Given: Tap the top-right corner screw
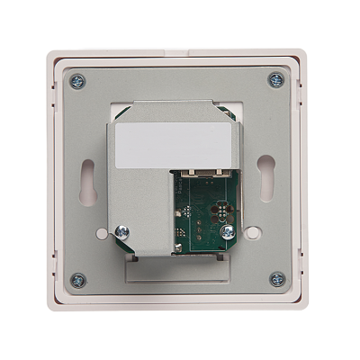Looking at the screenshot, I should click(x=275, y=80).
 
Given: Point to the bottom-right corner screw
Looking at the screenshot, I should click(x=275, y=280).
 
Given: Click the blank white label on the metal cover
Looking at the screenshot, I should click(x=174, y=139).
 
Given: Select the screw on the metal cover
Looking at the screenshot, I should click(x=122, y=233).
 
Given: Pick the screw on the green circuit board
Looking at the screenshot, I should click(x=228, y=232).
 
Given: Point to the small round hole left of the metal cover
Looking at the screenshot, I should click(x=102, y=233).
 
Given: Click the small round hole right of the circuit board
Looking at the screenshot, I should click(x=254, y=232).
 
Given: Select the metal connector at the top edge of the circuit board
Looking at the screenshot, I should click(x=204, y=171).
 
